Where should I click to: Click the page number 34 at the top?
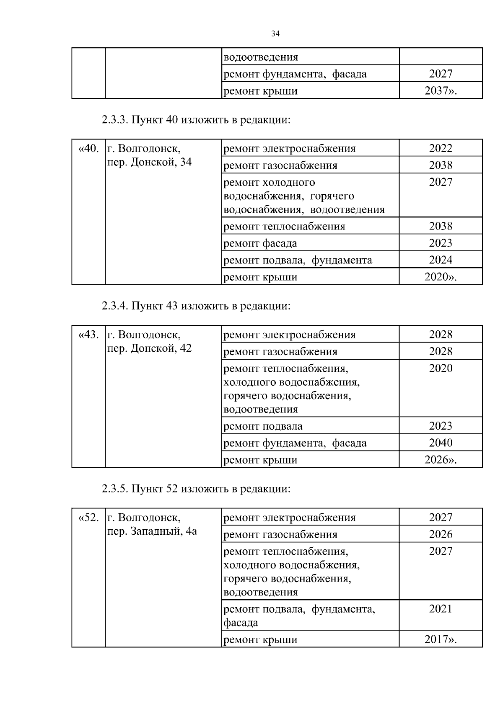click(x=275, y=34)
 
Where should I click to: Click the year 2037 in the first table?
click(x=440, y=91)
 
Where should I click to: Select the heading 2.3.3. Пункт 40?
click(x=196, y=120)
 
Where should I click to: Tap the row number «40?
click(x=88, y=148)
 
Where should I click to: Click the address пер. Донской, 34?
click(x=150, y=162)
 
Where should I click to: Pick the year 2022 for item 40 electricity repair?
click(x=441, y=148)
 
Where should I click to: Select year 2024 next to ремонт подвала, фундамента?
click(x=441, y=260)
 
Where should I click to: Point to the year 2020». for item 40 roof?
click(x=440, y=277)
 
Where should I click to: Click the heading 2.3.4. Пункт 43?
click(x=196, y=306)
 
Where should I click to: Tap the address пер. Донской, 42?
click(x=150, y=348)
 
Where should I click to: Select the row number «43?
click(x=88, y=335)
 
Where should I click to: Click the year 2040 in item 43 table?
click(x=441, y=443)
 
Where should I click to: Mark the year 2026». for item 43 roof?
click(x=440, y=460)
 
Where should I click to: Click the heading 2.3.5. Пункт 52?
click(x=196, y=489)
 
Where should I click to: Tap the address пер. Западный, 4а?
click(x=152, y=531)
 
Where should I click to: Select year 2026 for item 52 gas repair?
click(x=441, y=534)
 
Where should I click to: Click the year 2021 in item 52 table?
click(x=441, y=609)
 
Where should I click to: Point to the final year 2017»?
click(x=440, y=639)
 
